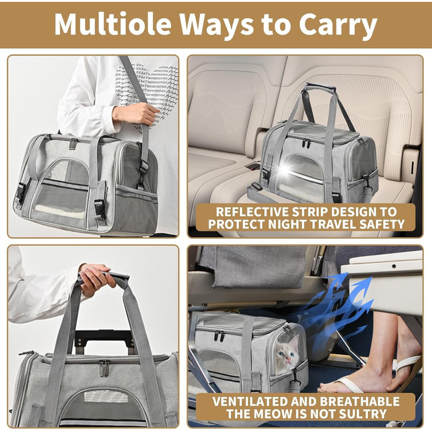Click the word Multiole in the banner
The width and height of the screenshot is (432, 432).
coord(113,23)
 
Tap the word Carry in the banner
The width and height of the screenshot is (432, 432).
coord(338,26)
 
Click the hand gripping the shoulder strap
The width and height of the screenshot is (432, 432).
coord(136,114)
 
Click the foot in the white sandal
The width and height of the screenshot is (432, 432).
coord(355,378)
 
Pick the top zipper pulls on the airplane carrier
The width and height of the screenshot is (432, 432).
coord(219,336)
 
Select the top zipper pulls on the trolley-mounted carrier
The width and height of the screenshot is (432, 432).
coord(104,368)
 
